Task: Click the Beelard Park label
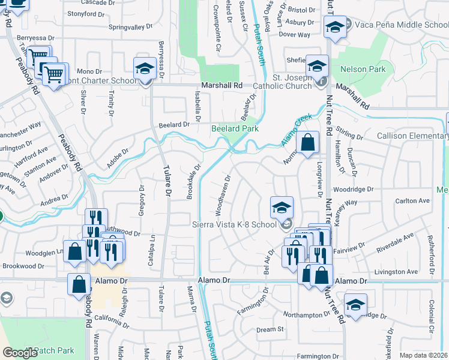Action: (x=234, y=128)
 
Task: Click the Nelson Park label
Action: (x=363, y=70)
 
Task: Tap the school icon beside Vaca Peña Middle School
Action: (x=335, y=26)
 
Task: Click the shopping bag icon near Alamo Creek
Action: (x=307, y=143)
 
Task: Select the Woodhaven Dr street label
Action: (x=223, y=195)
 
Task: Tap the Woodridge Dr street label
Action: (x=355, y=189)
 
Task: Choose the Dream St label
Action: (x=270, y=329)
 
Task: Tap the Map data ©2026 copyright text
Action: (x=423, y=355)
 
